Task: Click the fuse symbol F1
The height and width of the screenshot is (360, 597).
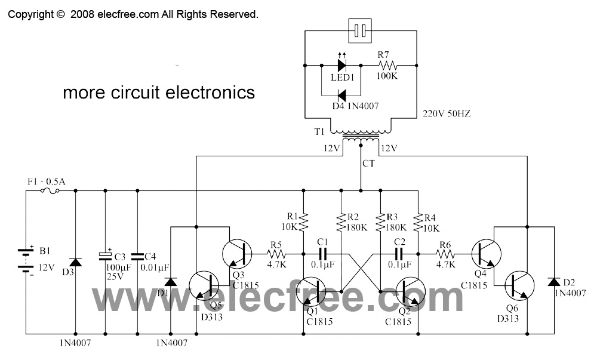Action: (x=49, y=191)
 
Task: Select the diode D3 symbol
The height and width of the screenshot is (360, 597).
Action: (x=76, y=263)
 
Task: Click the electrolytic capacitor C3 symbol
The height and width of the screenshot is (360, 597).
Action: (x=105, y=256)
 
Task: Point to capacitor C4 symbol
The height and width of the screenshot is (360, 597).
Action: (x=137, y=256)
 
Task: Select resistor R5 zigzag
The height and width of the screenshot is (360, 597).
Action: (x=276, y=253)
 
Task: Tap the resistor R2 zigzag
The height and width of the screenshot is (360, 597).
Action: (x=341, y=223)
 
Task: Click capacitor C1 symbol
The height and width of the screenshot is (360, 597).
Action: (x=323, y=253)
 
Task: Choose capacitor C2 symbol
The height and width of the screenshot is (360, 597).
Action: (x=398, y=253)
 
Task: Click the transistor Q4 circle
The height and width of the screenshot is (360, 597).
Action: (x=487, y=254)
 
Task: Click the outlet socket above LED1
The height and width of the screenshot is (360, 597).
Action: (x=359, y=30)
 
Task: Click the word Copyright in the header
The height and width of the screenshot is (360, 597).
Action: (x=30, y=14)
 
